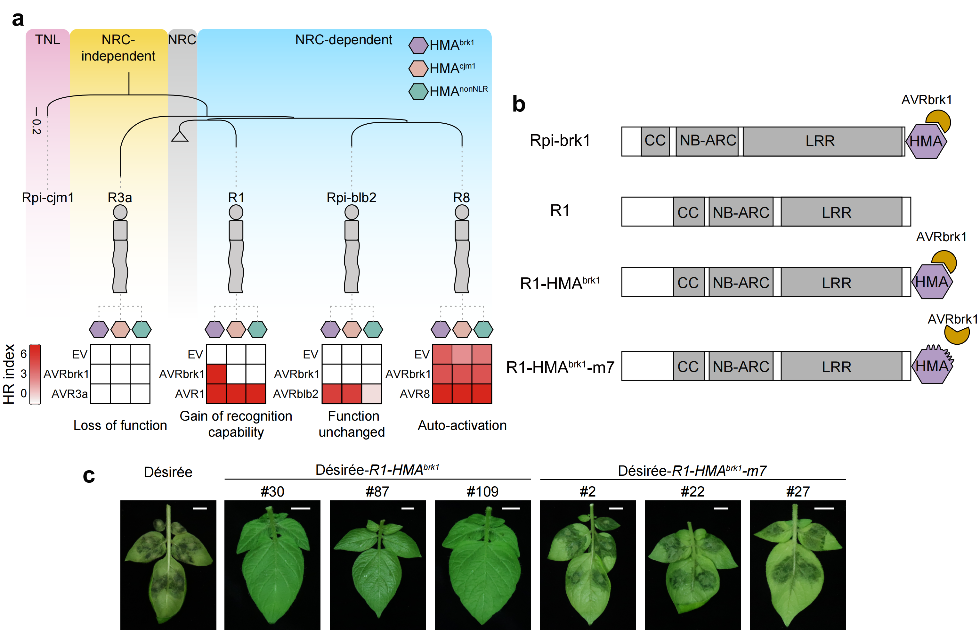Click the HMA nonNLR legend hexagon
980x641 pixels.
pyautogui.click(x=418, y=91)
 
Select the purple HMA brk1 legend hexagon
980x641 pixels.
pyautogui.click(x=418, y=45)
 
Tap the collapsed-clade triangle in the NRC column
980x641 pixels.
pyautogui.click(x=180, y=136)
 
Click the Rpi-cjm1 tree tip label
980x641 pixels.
pyautogui.click(x=48, y=198)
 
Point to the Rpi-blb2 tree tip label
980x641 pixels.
pyautogui.click(x=351, y=198)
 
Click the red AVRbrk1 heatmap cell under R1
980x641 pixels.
pyautogui.click(x=216, y=374)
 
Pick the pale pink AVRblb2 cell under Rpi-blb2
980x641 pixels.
pyautogui.click(x=371, y=394)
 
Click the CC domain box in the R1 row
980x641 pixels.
pyautogui.click(x=688, y=212)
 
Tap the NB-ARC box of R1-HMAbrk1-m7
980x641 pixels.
pyautogui.click(x=741, y=366)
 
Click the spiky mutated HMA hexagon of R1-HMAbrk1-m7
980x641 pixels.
pyautogui.click(x=932, y=366)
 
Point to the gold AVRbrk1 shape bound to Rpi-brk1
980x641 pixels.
pyautogui.click(x=939, y=120)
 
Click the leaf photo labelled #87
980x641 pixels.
pyautogui.click(x=377, y=564)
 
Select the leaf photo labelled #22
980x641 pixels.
pyautogui.click(x=692, y=564)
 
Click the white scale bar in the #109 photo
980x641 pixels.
pyautogui.click(x=511, y=508)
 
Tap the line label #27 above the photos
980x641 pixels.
pyautogui.click(x=798, y=491)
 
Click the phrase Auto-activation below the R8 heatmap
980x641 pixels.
pyautogui.click(x=462, y=425)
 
